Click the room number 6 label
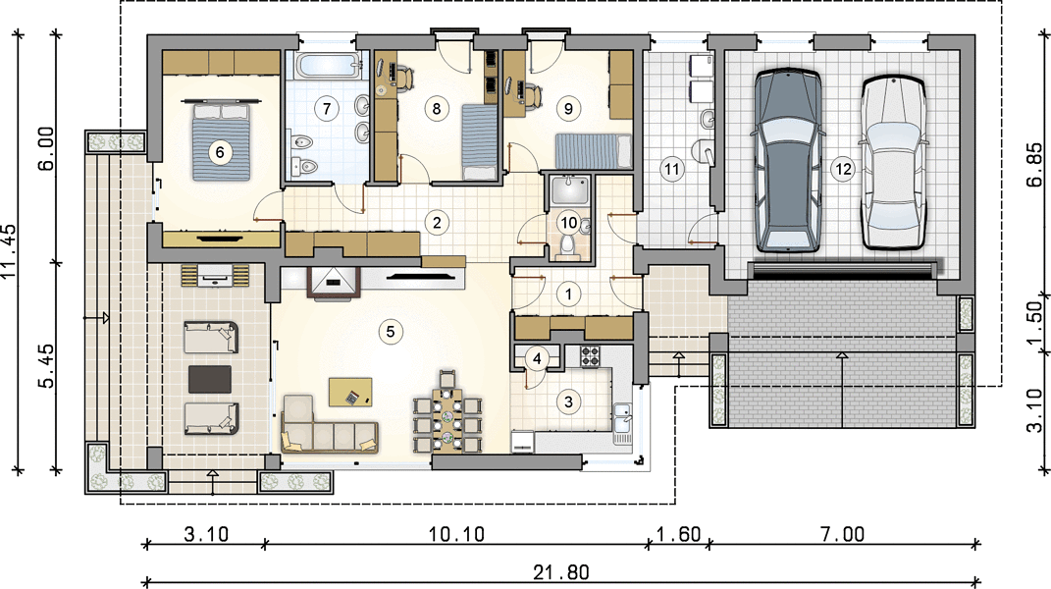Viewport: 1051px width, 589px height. (220, 153)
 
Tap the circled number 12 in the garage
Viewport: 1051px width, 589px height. (843, 169)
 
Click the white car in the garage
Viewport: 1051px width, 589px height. (893, 162)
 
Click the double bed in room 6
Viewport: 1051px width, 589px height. (221, 141)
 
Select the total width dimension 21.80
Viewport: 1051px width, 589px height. (561, 572)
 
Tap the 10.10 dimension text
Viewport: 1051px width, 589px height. (456, 535)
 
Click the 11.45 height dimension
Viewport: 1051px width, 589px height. (9, 250)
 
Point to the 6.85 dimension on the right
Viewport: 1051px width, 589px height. (1034, 164)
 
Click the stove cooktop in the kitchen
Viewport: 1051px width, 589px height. (590, 356)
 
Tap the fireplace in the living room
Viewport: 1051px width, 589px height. (334, 282)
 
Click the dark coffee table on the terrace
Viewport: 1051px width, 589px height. (210, 379)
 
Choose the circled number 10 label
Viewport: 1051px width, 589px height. (568, 223)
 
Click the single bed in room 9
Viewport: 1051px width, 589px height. (594, 151)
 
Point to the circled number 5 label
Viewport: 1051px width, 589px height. (391, 332)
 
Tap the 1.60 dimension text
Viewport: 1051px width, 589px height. (678, 535)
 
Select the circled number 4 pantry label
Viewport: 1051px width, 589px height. (537, 359)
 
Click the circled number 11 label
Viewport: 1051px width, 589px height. (672, 169)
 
